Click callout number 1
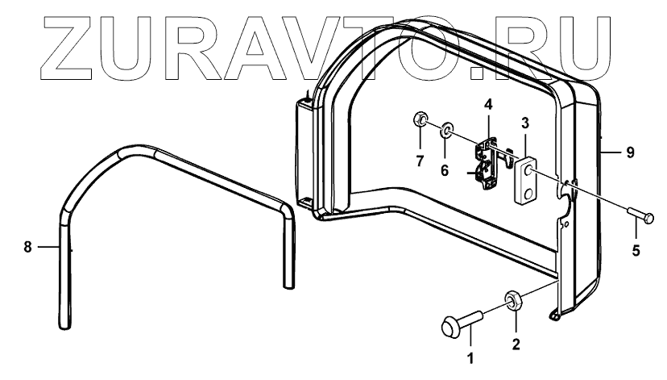472,355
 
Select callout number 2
516,343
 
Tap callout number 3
524,123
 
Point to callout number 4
487,104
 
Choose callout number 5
636,250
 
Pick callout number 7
419,161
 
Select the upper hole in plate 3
527,170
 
